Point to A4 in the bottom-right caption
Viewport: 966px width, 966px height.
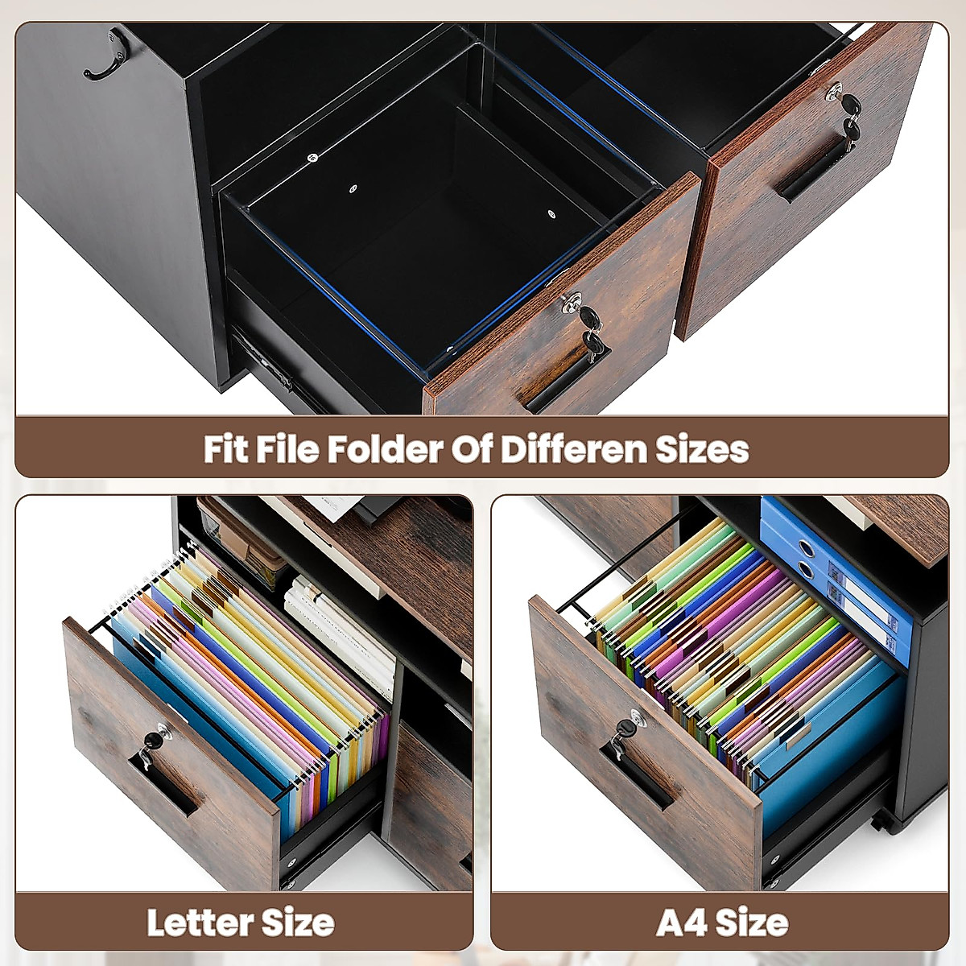click(x=681, y=923)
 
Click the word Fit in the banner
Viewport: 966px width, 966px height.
click(x=225, y=449)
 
